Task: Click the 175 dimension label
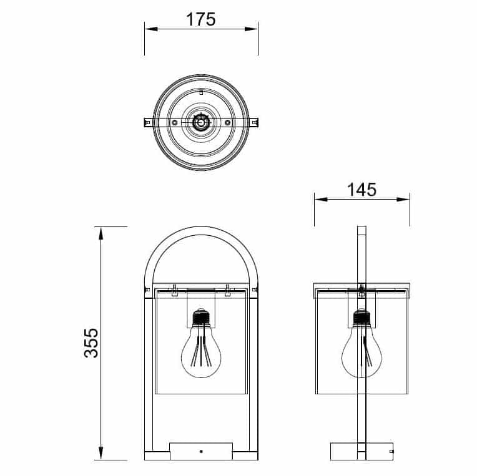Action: pos(201,19)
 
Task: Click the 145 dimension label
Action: pos(361,190)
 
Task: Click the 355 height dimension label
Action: pos(91,342)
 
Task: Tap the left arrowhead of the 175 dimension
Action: pos(151,29)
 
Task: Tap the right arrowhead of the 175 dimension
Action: pos(251,29)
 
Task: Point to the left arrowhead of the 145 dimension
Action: pos(322,200)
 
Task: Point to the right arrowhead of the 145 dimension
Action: pos(403,200)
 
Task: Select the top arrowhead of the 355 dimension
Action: pos(101,233)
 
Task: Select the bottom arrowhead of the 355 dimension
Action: pos(101,453)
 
